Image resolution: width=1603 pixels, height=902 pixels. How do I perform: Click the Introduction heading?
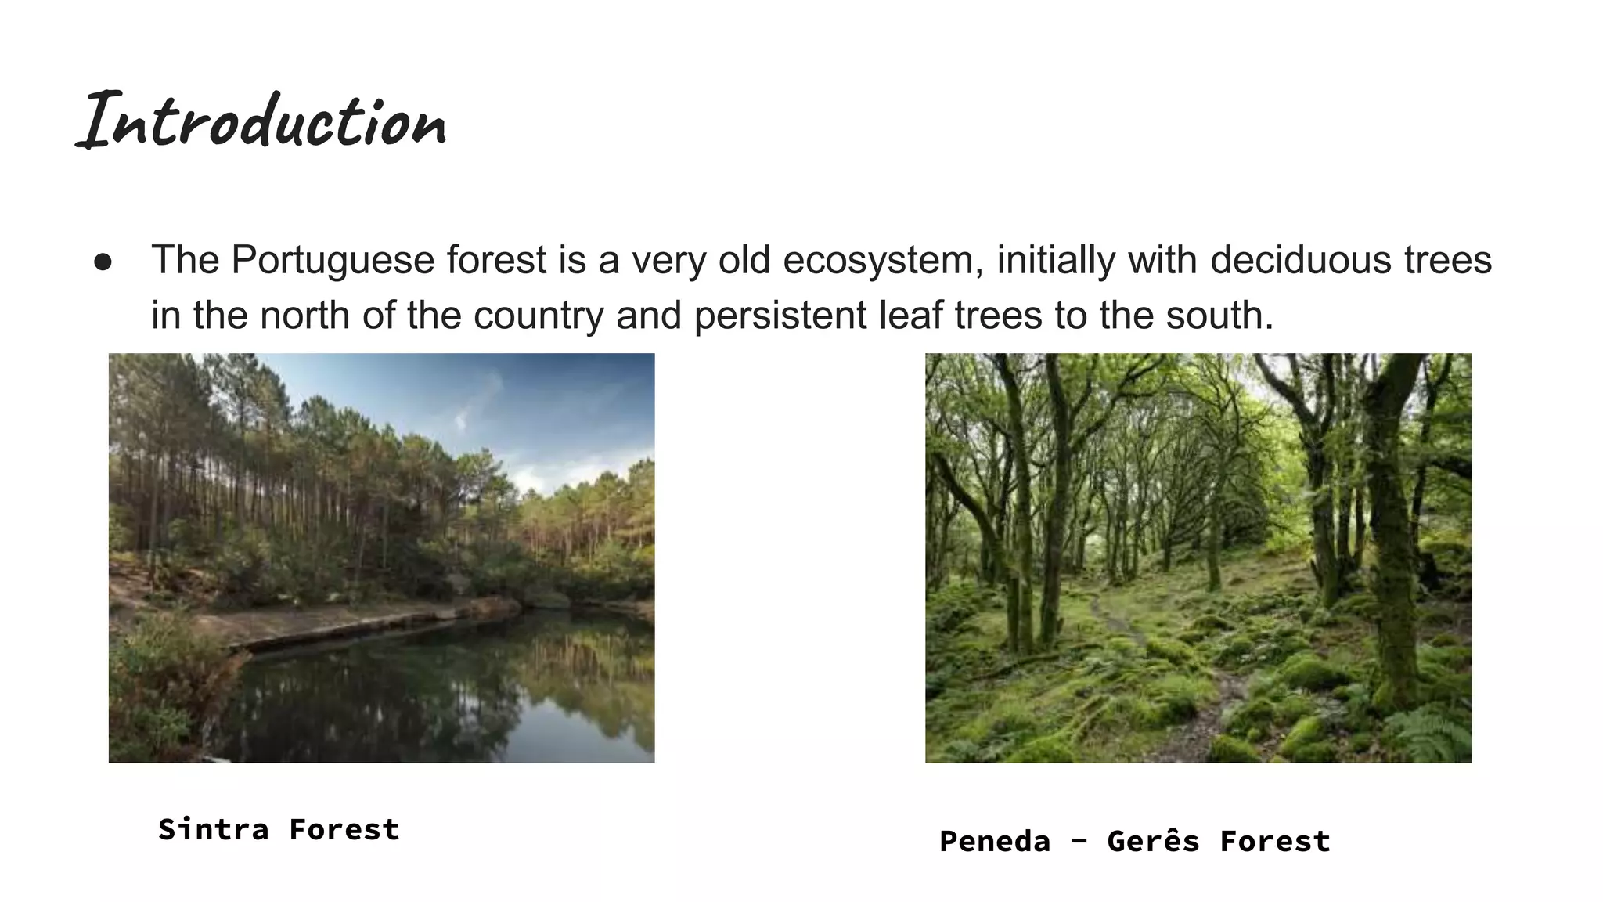click(262, 121)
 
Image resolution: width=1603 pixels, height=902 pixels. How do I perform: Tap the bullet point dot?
click(103, 262)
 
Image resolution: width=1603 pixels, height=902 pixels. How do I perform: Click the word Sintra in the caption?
click(213, 829)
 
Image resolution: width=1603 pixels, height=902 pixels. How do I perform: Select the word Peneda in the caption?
click(995, 842)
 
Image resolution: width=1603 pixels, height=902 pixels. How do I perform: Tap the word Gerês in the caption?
click(1153, 842)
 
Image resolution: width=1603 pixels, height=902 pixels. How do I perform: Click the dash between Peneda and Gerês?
click(1079, 842)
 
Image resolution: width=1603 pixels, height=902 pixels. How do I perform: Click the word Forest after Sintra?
click(344, 829)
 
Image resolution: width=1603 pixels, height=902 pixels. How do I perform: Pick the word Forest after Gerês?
click(1275, 842)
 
